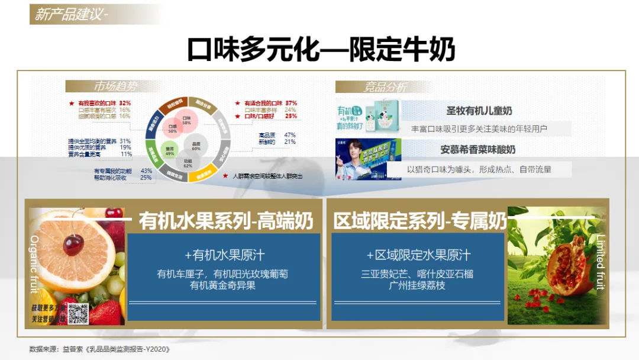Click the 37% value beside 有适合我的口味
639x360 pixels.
pos(291,103)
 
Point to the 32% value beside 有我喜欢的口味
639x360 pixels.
pos(124,103)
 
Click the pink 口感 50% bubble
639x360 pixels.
pos(173,128)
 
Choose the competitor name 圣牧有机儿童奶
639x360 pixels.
pos(479,111)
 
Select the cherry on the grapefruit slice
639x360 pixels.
pos(73,243)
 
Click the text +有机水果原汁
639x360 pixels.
pos(224,255)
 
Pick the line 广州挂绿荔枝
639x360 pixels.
pos(417,285)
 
